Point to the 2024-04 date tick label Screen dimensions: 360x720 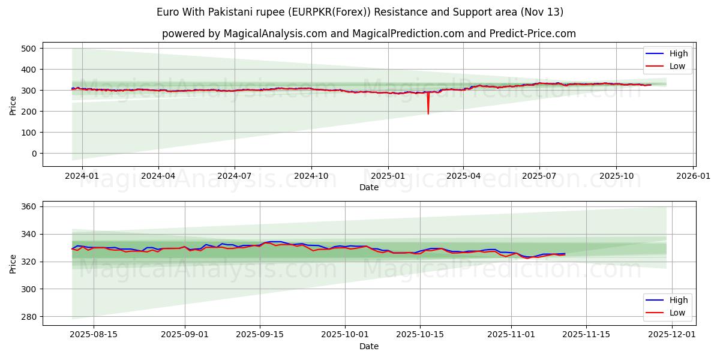click(158, 175)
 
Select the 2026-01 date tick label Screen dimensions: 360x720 click(694, 175)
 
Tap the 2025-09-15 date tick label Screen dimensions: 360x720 click(260, 334)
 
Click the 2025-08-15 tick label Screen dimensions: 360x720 click(93, 334)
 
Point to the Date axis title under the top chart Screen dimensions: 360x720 click(368, 187)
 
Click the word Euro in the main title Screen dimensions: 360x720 click(167, 12)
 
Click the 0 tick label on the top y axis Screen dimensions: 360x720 click(34, 154)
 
